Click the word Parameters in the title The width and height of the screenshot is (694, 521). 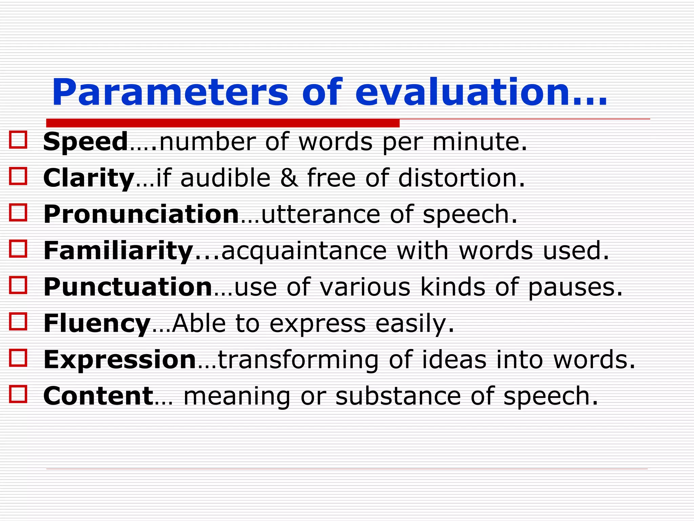click(x=170, y=93)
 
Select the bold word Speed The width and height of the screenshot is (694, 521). click(x=85, y=141)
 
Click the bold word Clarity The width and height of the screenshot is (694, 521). click(x=89, y=178)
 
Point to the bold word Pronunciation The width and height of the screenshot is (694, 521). click(x=141, y=214)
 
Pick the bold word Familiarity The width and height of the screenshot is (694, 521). click(x=118, y=251)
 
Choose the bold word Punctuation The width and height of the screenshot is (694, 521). click(x=128, y=287)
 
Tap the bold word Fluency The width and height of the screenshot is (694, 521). click(x=97, y=323)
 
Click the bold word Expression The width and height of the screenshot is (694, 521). click(x=120, y=360)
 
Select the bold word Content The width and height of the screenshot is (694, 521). click(x=98, y=396)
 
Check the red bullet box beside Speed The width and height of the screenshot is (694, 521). click(x=18, y=140)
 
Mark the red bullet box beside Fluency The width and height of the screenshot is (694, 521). click(x=18, y=322)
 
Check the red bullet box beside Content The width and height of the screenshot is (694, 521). click(x=18, y=394)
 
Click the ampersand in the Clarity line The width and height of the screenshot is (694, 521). click(x=289, y=178)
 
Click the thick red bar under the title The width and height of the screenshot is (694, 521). click(x=223, y=123)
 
